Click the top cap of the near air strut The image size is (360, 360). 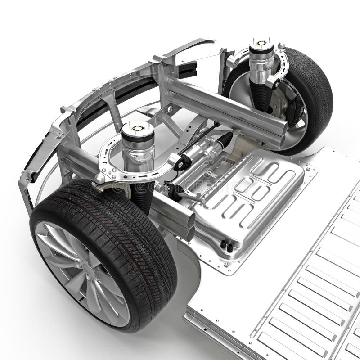click(138, 128)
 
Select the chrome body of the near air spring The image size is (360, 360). click(138, 151)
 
